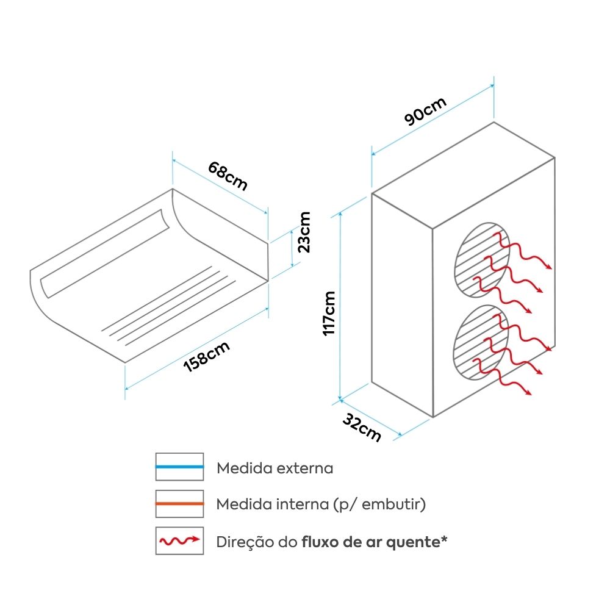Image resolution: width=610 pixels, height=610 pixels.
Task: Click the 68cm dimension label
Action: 228,176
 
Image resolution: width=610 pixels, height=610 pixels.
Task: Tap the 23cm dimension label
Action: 304,232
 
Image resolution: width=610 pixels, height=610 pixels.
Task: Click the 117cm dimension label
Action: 329,312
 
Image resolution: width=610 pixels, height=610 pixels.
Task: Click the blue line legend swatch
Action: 179,467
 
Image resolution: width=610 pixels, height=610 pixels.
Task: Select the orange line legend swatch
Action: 179,504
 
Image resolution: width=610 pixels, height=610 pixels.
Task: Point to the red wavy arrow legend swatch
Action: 179,540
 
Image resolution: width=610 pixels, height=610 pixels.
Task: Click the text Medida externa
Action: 275,468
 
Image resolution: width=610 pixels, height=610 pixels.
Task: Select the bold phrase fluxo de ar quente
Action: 370,542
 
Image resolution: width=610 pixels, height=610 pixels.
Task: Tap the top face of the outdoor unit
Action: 464,174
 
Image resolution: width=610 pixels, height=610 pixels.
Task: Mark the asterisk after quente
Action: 443,539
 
